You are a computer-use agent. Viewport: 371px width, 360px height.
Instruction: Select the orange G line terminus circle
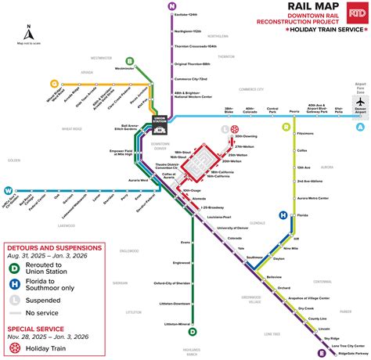coord(54,83)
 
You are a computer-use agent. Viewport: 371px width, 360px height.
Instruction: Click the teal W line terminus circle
coord(9,189)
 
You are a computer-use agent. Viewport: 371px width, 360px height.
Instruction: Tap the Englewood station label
coord(182,262)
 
